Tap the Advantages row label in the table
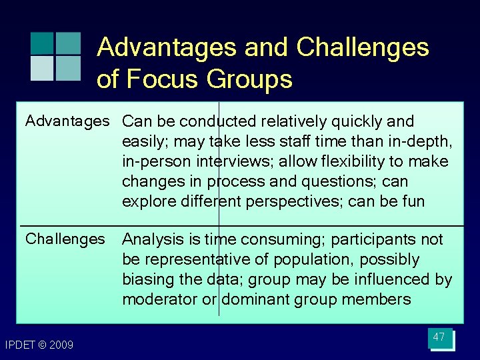pos(67,121)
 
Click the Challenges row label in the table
pos(65,239)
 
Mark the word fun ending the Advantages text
pos(411,201)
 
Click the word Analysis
pos(151,239)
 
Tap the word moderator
pos(160,299)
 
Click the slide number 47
pos(439,337)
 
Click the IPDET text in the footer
pos(19,345)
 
